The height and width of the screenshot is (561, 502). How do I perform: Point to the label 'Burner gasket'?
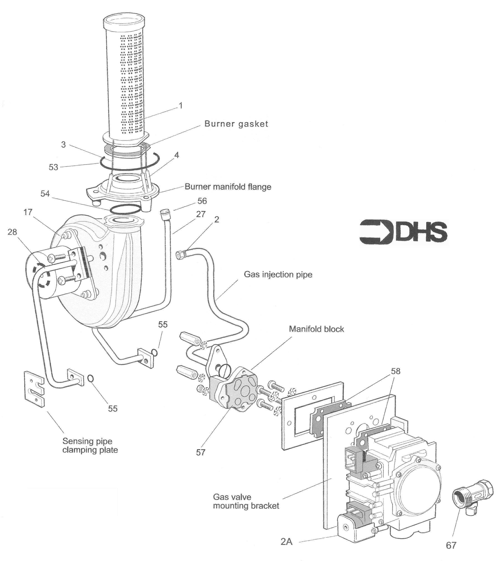[236, 124]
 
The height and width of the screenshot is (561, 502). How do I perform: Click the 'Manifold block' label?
[316, 329]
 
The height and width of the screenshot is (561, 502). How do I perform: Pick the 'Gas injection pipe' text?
[278, 274]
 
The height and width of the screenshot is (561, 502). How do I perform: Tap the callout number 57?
[200, 452]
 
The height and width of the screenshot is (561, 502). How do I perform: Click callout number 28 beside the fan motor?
[12, 232]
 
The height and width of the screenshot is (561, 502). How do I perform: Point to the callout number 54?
[45, 194]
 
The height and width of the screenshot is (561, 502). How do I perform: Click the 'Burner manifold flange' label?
[228, 187]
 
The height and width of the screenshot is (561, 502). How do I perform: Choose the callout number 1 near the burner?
[181, 106]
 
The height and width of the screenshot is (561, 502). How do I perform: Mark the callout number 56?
[202, 201]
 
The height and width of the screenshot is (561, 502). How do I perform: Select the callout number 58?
[396, 371]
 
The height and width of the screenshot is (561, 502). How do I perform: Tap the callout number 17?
[28, 212]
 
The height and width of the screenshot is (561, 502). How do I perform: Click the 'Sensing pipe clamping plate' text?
[90, 445]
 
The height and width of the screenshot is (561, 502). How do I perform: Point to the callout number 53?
[53, 167]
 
